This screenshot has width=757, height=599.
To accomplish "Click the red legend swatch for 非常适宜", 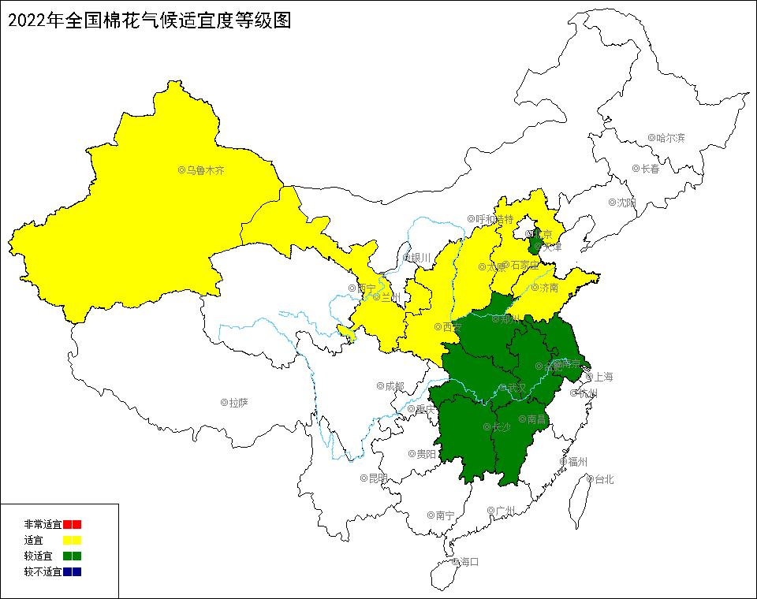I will click(x=73, y=524).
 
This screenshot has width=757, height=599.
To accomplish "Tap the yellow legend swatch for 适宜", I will click(x=73, y=540).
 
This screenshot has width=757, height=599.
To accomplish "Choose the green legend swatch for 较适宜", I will click(x=73, y=556).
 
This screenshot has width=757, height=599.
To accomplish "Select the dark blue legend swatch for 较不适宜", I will click(x=73, y=571).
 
